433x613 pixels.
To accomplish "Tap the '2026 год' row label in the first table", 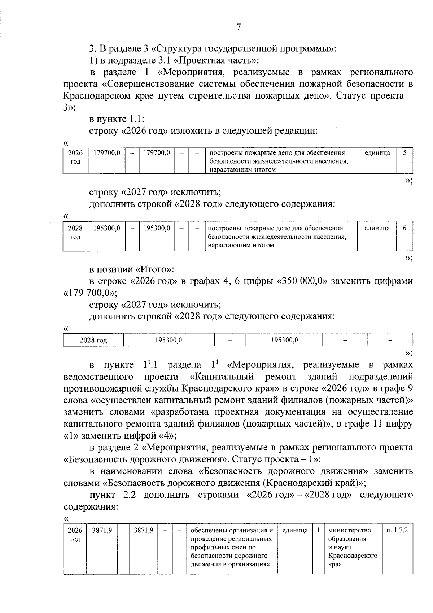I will [x=75, y=157].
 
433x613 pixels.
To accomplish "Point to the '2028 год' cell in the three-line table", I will [x=75, y=233].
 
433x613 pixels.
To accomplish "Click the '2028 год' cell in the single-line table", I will [x=93, y=340].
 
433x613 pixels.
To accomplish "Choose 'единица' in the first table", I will [x=377, y=153].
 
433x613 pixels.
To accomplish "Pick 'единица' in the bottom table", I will [x=295, y=530].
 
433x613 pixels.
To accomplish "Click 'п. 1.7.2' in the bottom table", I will [x=397, y=530].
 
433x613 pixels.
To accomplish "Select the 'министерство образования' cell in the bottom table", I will [x=349, y=535].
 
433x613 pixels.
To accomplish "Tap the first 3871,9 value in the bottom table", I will [x=102, y=530].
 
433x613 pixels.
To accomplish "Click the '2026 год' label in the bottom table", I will [x=75, y=535].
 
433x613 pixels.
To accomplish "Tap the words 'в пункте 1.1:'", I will [x=117, y=119].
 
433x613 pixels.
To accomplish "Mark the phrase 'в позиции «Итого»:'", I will [x=132, y=269].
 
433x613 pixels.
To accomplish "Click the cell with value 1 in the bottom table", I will [x=318, y=530].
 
